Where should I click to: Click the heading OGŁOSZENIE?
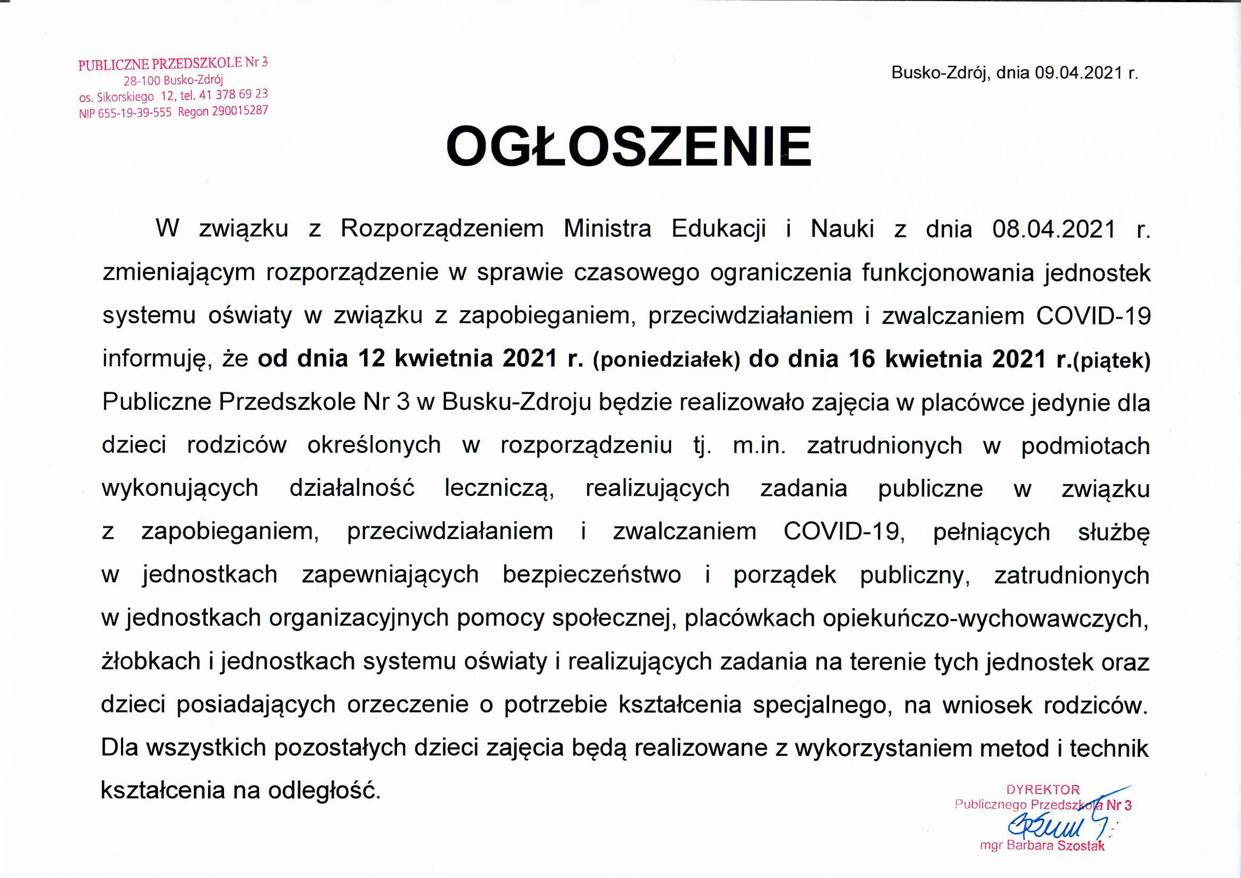(628, 147)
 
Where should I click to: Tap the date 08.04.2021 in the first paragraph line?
(1054, 229)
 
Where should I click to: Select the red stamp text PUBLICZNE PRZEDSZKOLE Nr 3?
(173, 64)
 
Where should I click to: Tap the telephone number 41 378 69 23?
(234, 94)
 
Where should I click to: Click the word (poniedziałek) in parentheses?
(667, 360)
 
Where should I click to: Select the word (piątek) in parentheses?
(1112, 361)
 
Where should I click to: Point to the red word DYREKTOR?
(1042, 790)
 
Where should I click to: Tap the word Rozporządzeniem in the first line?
(442, 229)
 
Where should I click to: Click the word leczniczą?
(499, 489)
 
